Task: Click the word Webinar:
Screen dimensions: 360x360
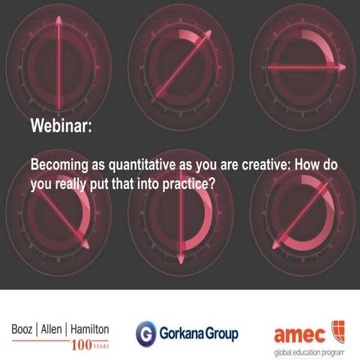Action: point(61,126)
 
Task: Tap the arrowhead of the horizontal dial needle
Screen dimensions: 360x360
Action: point(341,67)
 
